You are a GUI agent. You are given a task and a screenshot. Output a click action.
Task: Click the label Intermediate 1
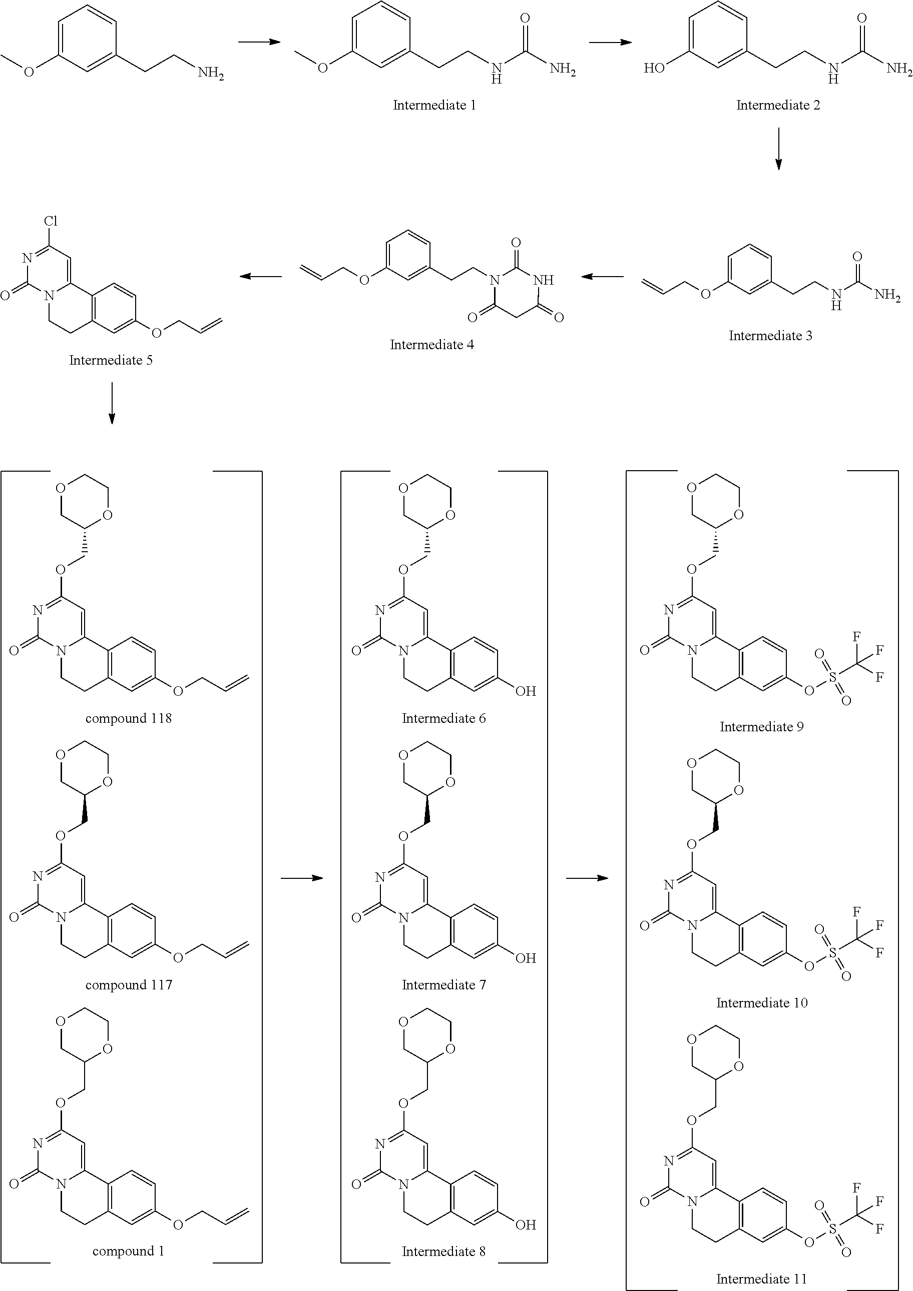pos(434,105)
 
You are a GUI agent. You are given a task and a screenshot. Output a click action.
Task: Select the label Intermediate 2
pos(778,105)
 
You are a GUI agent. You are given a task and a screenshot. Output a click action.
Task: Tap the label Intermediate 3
pos(770,336)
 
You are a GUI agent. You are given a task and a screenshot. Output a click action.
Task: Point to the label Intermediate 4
pos(432,345)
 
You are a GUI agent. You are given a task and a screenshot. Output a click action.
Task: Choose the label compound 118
pos(128,719)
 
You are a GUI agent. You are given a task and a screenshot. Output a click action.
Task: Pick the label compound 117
pos(128,985)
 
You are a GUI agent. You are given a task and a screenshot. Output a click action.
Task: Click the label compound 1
pos(128,1251)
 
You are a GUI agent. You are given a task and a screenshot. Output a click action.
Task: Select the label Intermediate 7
pos(443,985)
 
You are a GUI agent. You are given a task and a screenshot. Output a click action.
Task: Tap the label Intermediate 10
pos(762,1002)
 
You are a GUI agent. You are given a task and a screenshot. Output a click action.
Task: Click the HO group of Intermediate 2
pos(655,68)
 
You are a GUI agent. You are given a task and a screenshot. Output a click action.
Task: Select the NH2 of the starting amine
pos(210,73)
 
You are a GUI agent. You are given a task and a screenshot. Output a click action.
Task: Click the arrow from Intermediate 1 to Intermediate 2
pos(610,42)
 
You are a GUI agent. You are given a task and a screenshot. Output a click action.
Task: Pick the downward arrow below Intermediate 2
pos(778,149)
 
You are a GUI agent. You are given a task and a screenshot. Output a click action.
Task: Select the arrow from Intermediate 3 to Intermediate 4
pos(603,276)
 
